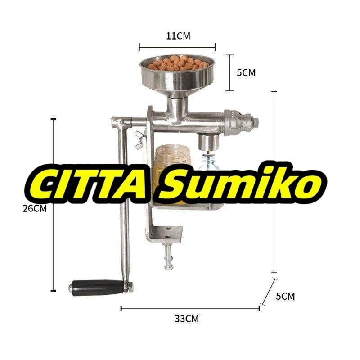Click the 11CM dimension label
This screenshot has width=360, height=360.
[x=178, y=36]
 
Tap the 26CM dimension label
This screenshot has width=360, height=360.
[x=35, y=208]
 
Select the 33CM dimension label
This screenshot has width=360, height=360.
[x=187, y=319]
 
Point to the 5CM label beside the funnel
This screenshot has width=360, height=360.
[x=246, y=73]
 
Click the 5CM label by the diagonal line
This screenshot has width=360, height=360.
[x=285, y=296]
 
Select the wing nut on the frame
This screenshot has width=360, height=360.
[x=139, y=140]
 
